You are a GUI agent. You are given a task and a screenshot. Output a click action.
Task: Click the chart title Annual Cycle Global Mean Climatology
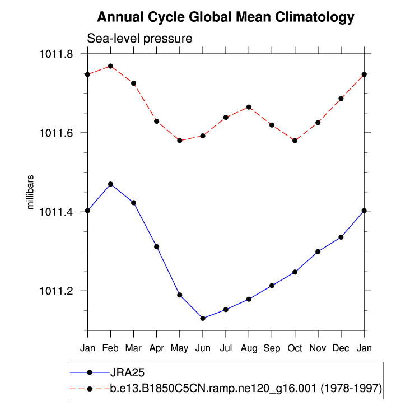click(226, 17)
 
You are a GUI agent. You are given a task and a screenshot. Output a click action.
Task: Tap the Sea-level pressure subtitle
click(139, 39)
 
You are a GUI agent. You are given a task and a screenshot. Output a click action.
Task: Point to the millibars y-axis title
click(31, 192)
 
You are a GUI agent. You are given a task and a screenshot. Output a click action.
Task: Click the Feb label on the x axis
click(110, 348)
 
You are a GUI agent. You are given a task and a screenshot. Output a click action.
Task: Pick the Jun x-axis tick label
click(203, 348)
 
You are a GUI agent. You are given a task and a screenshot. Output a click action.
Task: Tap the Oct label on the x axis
click(295, 348)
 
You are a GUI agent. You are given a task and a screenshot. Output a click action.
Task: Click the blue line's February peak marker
click(110, 184)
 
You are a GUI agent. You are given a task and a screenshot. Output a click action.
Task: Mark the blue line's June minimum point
click(203, 318)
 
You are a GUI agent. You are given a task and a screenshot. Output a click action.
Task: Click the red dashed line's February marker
click(110, 66)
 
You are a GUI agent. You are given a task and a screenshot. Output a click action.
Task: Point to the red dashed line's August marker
click(249, 107)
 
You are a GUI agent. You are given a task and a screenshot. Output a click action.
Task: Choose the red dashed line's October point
click(295, 141)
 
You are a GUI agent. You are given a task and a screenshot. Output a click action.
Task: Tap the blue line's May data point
click(180, 295)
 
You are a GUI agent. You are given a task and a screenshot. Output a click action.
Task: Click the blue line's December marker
click(341, 237)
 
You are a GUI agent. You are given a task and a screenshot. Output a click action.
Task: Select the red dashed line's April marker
click(157, 121)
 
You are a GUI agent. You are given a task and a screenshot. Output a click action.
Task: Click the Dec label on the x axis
click(341, 348)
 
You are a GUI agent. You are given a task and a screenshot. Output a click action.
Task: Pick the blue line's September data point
click(272, 286)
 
